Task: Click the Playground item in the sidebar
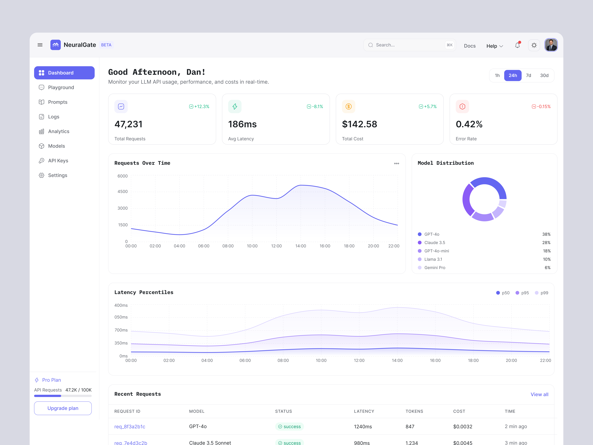pyautogui.click(x=61, y=87)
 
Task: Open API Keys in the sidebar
pyautogui.click(x=58, y=161)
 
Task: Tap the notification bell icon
pyautogui.click(x=517, y=45)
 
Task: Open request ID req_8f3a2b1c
pyautogui.click(x=130, y=426)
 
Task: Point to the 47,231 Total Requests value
pyautogui.click(x=128, y=124)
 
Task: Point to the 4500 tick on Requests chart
pyautogui.click(x=122, y=192)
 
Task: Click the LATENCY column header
pyautogui.click(x=364, y=411)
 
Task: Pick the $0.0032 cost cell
pyautogui.click(x=462, y=426)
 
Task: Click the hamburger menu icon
pyautogui.click(x=40, y=45)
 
